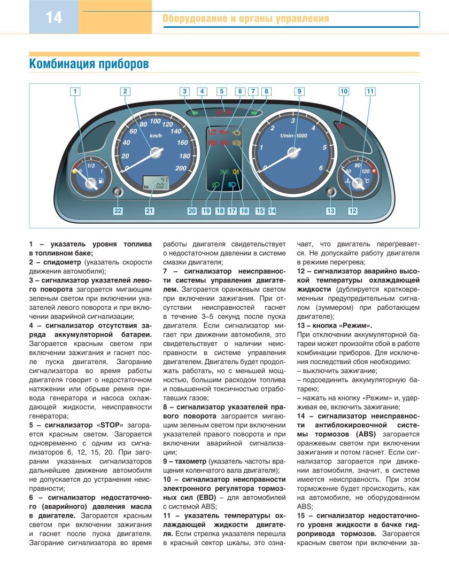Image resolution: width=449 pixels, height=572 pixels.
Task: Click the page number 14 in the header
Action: click(x=53, y=18)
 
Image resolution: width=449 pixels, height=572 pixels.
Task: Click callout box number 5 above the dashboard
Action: click(x=221, y=91)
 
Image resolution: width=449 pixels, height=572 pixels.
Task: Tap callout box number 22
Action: click(x=118, y=211)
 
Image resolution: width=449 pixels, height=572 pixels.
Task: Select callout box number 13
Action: click(x=331, y=211)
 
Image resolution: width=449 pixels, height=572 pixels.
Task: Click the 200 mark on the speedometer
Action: click(x=180, y=168)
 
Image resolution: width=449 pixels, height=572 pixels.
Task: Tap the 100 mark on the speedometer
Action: click(x=148, y=122)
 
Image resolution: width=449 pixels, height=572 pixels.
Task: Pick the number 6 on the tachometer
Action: click(x=321, y=168)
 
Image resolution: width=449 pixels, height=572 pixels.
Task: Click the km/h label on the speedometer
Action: click(x=156, y=136)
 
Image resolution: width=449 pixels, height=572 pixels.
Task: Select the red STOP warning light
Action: click(x=221, y=113)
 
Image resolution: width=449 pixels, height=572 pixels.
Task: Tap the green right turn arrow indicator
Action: click(x=256, y=113)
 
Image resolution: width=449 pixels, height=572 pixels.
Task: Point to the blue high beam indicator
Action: click(x=234, y=184)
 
